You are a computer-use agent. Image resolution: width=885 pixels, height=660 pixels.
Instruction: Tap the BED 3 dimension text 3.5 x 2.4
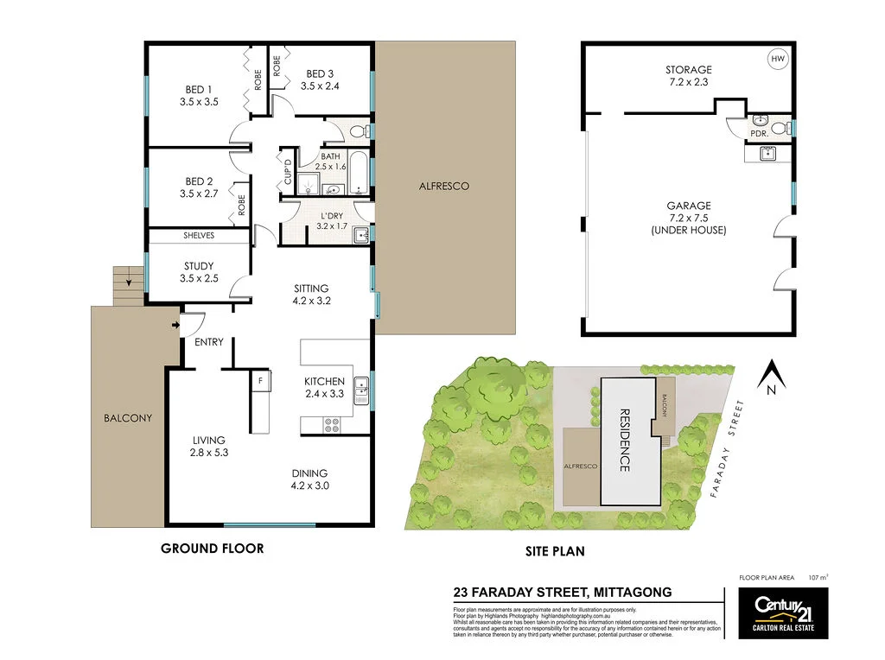[320, 86]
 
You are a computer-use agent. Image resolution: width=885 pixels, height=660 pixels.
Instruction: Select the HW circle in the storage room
[777, 59]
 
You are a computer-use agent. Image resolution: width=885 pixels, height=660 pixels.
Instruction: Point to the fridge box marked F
[259, 380]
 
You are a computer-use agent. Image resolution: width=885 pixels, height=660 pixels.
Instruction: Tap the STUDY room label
[199, 266]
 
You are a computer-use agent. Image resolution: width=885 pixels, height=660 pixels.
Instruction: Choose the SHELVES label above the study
[199, 235]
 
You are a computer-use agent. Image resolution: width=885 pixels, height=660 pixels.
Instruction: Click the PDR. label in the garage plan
[760, 135]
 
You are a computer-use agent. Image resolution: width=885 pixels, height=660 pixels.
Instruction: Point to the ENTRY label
[209, 342]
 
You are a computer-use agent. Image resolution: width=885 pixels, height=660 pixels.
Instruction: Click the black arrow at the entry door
[177, 325]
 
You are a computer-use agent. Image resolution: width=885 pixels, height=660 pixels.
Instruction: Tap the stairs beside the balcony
[125, 286]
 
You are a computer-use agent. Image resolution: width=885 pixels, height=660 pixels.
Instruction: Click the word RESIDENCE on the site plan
[625, 440]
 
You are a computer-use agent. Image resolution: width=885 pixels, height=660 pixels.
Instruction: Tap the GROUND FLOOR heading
[213, 548]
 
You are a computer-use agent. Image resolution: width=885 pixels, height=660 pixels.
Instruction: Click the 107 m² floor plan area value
[818, 576]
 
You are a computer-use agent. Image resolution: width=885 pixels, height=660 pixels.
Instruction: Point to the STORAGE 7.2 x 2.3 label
[688, 76]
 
